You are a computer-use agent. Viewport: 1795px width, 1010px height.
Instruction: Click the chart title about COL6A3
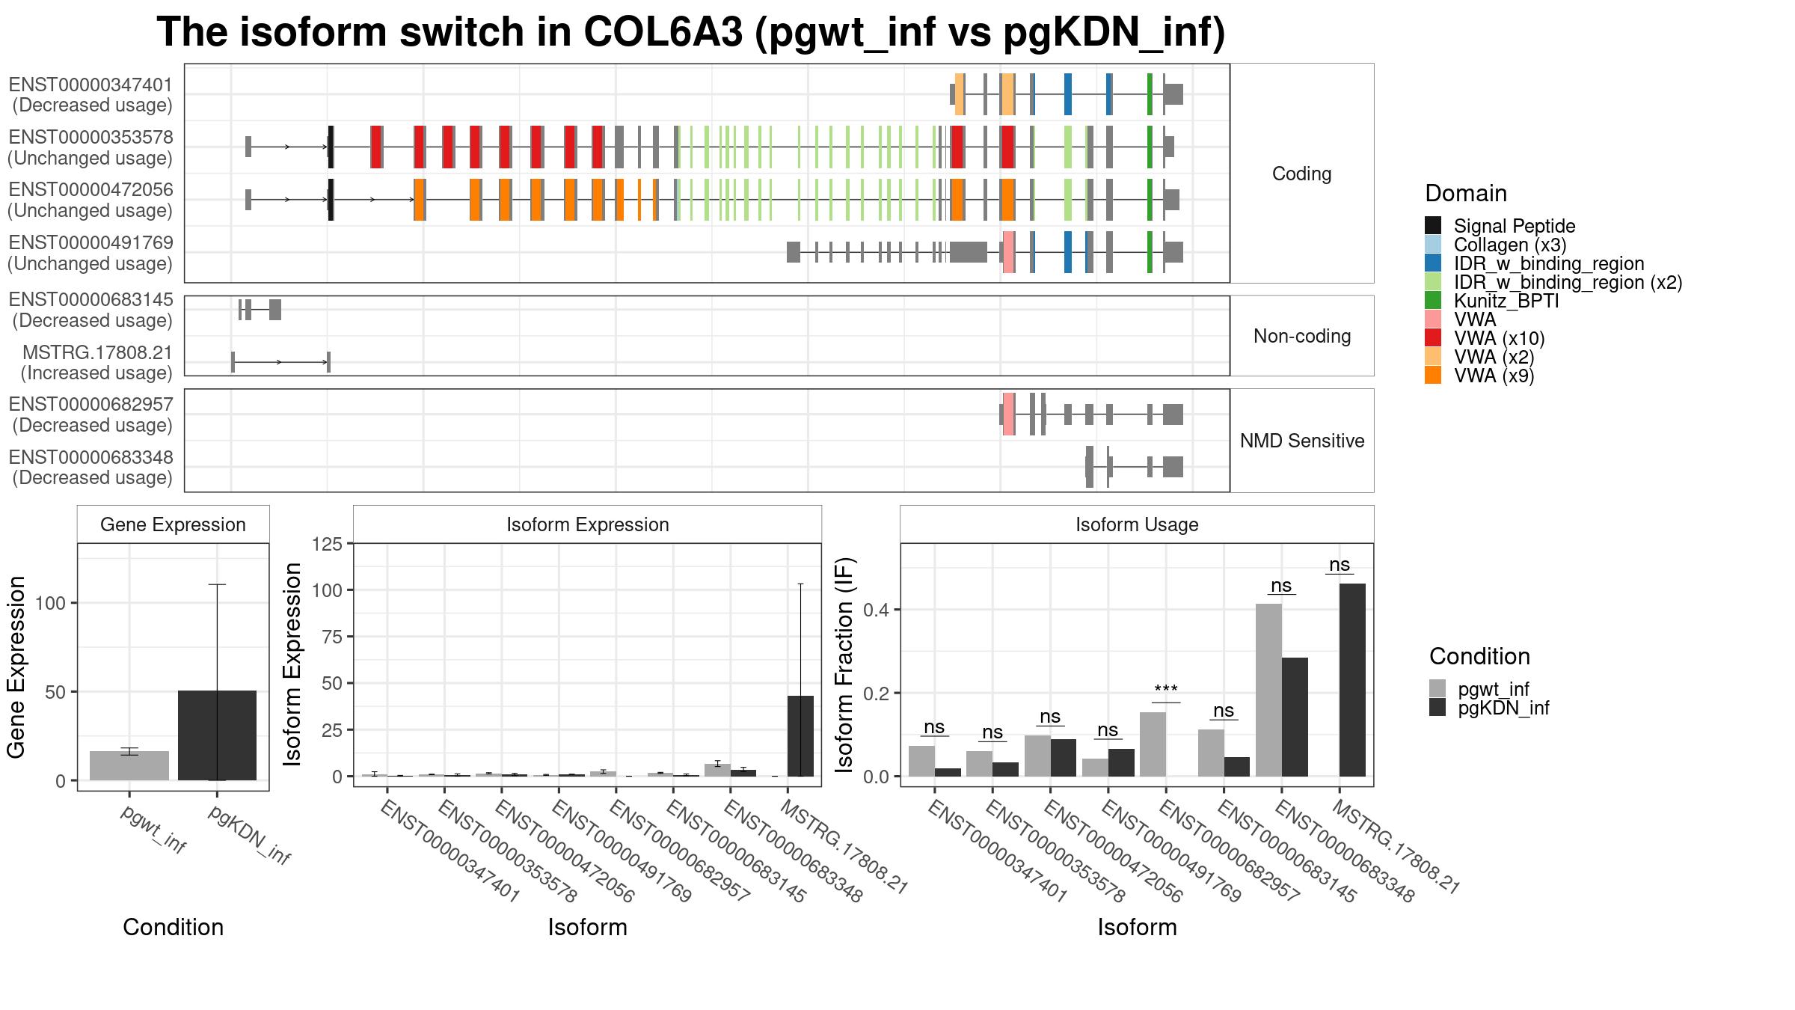tap(691, 32)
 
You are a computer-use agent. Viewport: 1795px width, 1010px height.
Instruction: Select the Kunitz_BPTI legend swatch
tap(1433, 301)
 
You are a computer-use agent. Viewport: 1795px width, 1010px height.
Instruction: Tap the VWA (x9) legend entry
tap(1494, 376)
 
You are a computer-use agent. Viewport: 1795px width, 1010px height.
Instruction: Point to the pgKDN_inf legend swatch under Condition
tap(1437, 708)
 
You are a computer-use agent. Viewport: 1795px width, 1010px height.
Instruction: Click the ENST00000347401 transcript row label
tap(90, 95)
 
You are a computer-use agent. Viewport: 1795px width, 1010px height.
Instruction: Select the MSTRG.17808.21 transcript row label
tap(96, 363)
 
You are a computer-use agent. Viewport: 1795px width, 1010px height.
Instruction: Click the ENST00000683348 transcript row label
tap(90, 468)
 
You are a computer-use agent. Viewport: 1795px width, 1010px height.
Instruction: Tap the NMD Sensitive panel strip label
tap(1302, 441)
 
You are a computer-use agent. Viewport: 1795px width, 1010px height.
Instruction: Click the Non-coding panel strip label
tap(1302, 336)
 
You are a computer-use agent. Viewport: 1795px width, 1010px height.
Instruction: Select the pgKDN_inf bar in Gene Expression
tap(217, 735)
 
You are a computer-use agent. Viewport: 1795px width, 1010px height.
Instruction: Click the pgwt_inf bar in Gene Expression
tap(129, 765)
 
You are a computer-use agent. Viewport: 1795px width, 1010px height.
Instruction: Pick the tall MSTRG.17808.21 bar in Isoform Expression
tap(800, 736)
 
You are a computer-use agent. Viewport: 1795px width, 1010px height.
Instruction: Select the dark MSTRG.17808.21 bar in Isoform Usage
tap(1352, 680)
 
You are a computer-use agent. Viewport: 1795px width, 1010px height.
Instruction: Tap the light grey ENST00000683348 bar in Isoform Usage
tap(1268, 690)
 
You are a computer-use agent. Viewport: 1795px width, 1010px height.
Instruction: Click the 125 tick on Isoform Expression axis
tap(329, 544)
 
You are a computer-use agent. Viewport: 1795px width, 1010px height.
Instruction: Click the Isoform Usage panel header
tap(1137, 524)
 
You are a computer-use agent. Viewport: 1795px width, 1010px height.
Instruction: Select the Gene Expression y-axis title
tap(16, 667)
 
